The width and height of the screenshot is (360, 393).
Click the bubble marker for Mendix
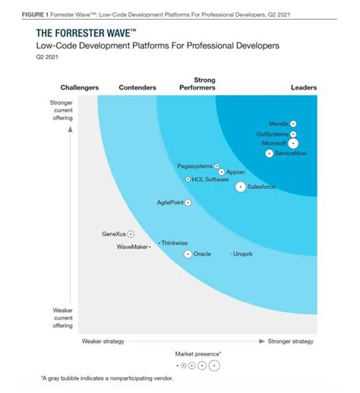pos(293,124)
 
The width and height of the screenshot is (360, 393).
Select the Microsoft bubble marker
pos(293,143)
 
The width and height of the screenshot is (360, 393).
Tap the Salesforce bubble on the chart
pos(241,187)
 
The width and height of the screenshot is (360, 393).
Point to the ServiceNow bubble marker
pos(269,153)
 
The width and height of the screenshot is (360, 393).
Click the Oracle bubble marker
pos(188,254)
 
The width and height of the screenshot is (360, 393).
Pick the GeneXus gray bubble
pos(131,234)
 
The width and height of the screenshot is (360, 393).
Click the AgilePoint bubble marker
pos(188,203)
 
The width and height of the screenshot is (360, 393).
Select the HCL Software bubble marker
pos(188,179)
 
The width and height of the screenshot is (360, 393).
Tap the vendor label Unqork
pos(242,254)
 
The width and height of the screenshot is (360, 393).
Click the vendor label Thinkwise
pos(175,243)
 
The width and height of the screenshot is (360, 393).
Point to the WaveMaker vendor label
pos(132,247)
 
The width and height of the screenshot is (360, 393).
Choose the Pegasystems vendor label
pos(194,166)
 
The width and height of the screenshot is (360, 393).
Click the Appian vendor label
pos(235,172)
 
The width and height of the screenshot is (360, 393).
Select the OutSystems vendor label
pos(272,134)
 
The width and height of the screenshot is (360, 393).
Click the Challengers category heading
pos(80,87)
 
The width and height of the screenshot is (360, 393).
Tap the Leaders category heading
pos(304,87)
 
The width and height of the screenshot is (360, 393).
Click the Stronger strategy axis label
pos(291,341)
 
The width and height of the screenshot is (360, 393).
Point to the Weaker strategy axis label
pos(103,341)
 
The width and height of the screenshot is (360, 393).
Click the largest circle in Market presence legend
pos(214,366)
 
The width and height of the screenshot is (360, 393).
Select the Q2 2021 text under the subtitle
pos(47,57)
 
